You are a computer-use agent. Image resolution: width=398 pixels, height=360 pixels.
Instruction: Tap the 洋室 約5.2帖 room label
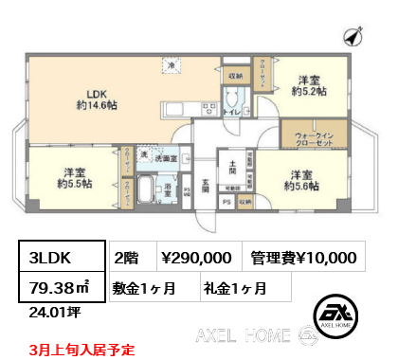(x=309, y=86)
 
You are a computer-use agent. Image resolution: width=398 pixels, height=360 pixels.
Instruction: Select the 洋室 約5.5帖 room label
(x=78, y=178)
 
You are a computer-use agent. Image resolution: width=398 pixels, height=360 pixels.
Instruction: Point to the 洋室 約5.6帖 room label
(x=301, y=180)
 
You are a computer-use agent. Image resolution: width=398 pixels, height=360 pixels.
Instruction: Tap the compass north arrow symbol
(x=353, y=35)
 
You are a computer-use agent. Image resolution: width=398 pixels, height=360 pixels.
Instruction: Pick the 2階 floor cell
(x=126, y=257)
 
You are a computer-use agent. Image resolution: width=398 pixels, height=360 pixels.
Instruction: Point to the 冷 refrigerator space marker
(x=172, y=65)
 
